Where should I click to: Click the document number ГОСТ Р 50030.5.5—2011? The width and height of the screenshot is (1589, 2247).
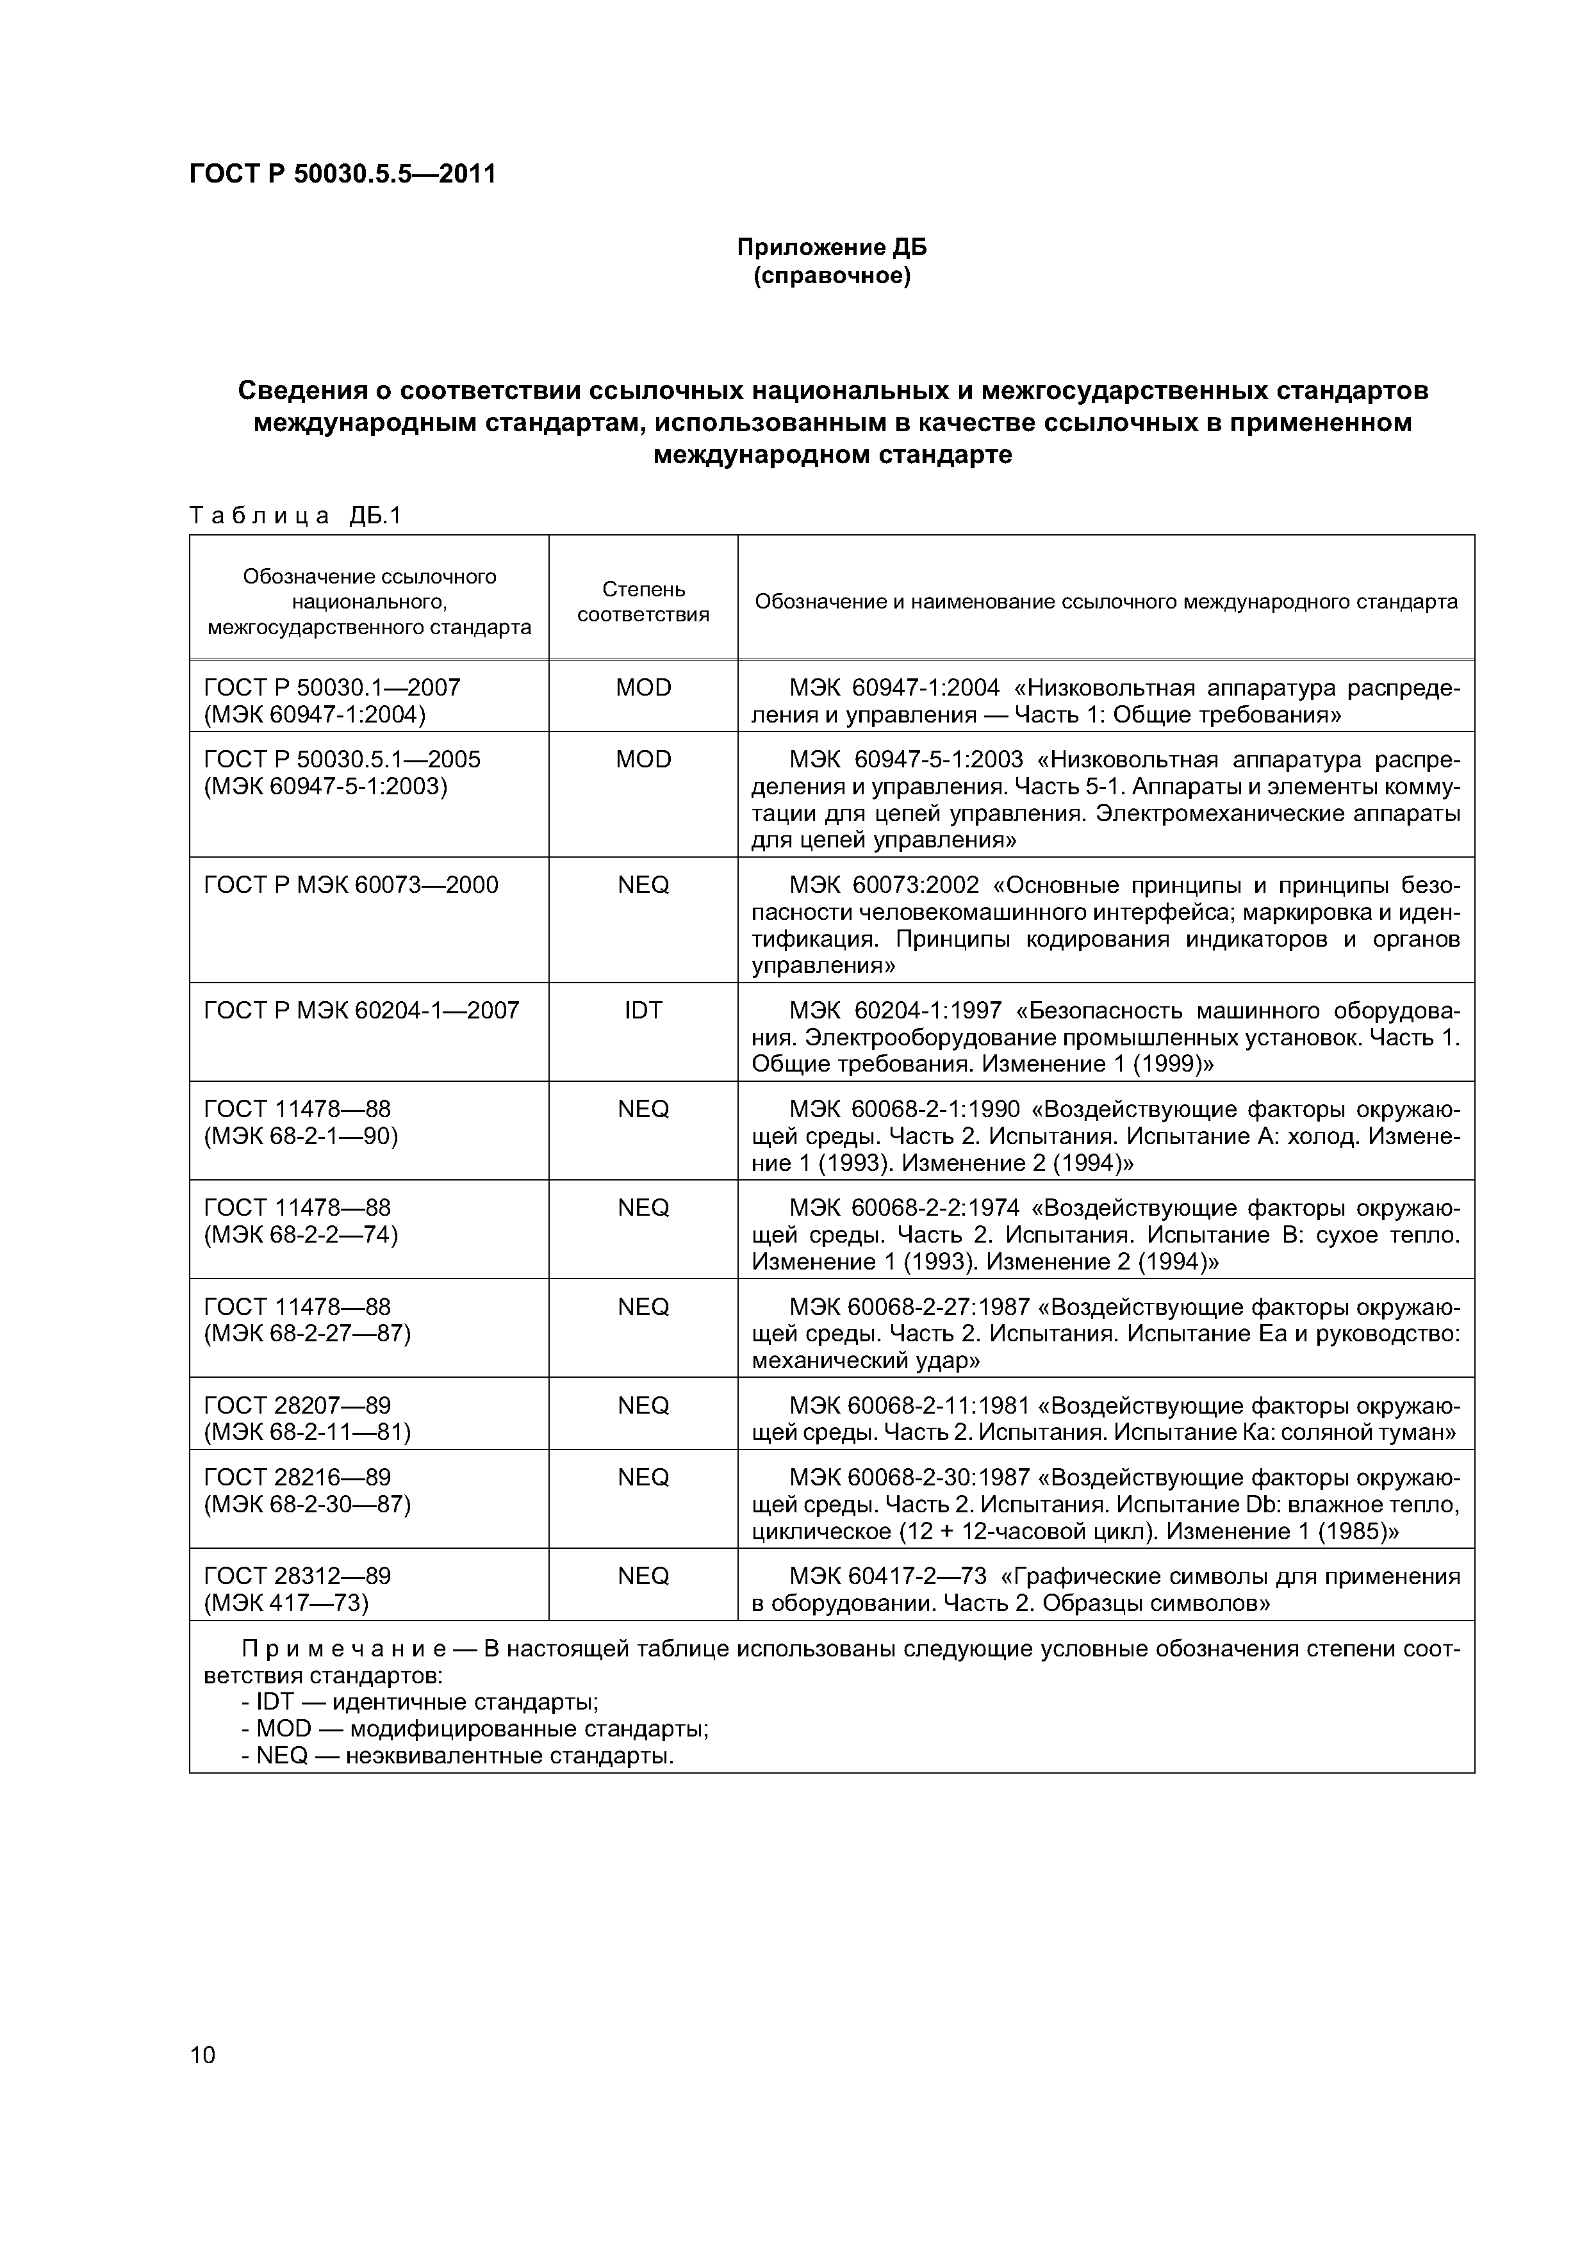pos(343,174)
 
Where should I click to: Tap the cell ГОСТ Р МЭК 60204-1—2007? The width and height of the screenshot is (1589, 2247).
pos(360,1011)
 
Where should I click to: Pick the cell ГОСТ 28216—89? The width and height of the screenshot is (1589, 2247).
pos(297,1478)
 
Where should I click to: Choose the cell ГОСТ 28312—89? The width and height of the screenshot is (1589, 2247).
pos(297,1576)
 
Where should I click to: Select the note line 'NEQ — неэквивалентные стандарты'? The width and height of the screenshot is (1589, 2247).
pos(458,1756)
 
